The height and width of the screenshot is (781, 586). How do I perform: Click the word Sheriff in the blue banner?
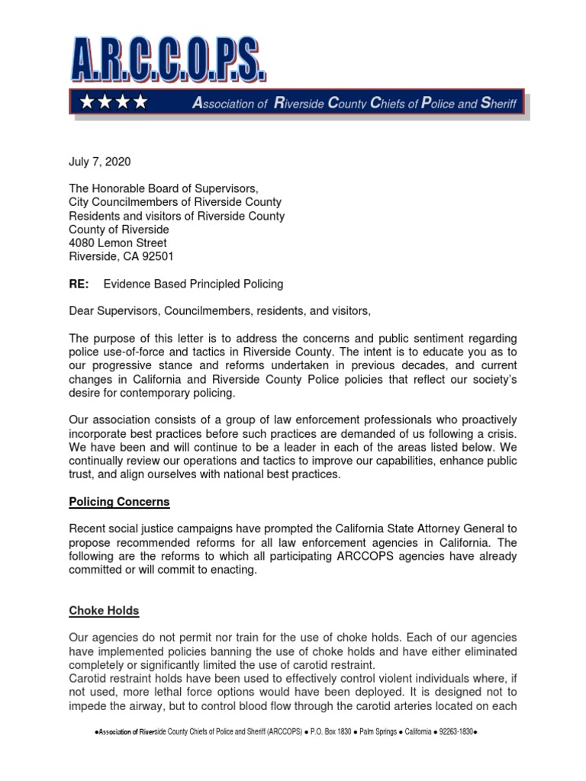click(x=498, y=103)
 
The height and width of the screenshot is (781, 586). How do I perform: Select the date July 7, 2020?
click(x=100, y=161)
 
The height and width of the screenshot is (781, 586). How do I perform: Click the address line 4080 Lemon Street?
click(x=118, y=243)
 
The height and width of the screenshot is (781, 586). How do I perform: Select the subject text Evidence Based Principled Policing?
click(x=193, y=284)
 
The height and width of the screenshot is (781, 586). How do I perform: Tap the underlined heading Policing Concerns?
click(x=119, y=502)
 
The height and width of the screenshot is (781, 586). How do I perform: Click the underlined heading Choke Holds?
click(x=104, y=611)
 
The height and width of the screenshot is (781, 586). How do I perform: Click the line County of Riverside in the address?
click(x=119, y=230)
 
